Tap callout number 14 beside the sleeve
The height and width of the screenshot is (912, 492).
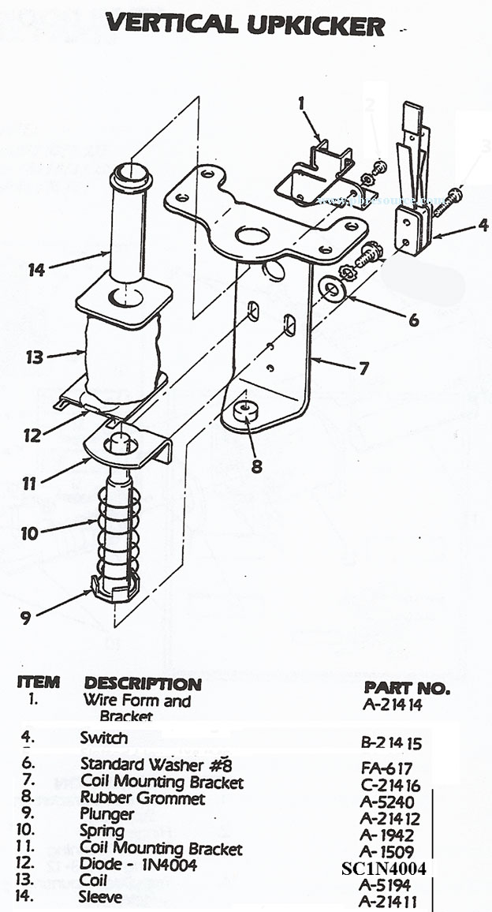[36, 270]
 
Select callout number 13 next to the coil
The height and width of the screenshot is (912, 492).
[34, 357]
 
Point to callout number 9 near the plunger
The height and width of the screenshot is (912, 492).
[26, 618]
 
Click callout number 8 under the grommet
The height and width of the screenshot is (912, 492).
[256, 465]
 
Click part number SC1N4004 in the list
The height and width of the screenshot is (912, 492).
[384, 869]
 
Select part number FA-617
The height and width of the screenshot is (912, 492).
[386, 767]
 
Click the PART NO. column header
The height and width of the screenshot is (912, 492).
[407, 687]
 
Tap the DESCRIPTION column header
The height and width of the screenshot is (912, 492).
[143, 683]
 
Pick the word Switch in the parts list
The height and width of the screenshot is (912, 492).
[103, 738]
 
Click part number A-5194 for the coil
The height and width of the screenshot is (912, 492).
[386, 886]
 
